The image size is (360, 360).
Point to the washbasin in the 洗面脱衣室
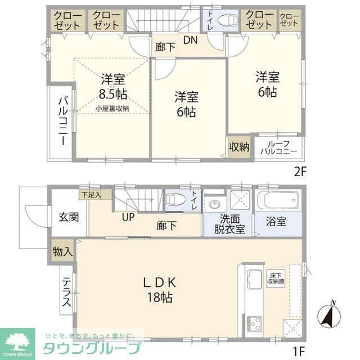click(214, 204)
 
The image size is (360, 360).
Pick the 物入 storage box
click(62, 250)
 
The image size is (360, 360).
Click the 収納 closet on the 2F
click(238, 147)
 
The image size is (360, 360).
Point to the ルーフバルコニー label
click(280, 147)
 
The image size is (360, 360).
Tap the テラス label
click(66, 293)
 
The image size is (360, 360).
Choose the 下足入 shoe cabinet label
click(90, 195)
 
